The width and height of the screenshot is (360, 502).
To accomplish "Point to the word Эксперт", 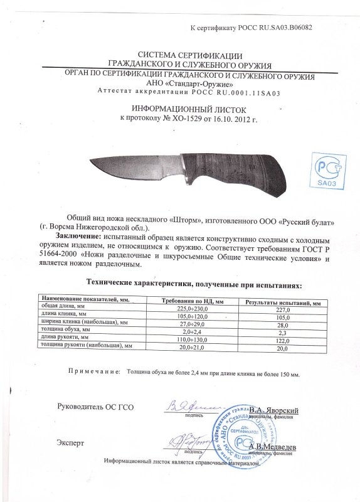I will pos(69,443).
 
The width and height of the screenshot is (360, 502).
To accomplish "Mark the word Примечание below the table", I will pos(94,371).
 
